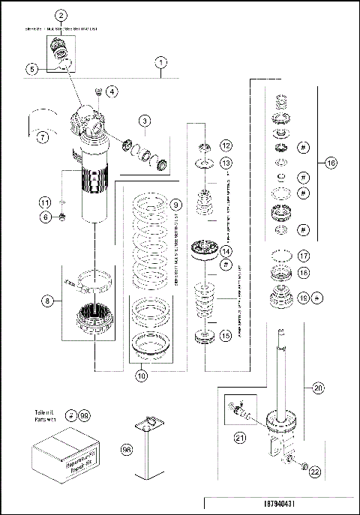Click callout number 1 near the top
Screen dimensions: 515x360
tap(162, 63)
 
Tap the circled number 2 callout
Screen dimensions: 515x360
tap(61, 16)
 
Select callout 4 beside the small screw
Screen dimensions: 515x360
tap(111, 92)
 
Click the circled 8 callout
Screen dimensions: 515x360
tap(48, 302)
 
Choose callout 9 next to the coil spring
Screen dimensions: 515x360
tap(174, 204)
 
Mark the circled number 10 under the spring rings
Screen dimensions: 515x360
tap(139, 377)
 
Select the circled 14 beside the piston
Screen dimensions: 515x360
tap(226, 251)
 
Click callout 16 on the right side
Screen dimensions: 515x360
tap(331, 162)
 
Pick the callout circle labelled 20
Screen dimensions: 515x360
tap(318, 388)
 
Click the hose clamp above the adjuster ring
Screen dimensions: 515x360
tap(91, 284)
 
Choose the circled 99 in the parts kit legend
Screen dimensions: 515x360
tap(84, 415)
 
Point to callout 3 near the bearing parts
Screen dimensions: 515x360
tap(145, 120)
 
